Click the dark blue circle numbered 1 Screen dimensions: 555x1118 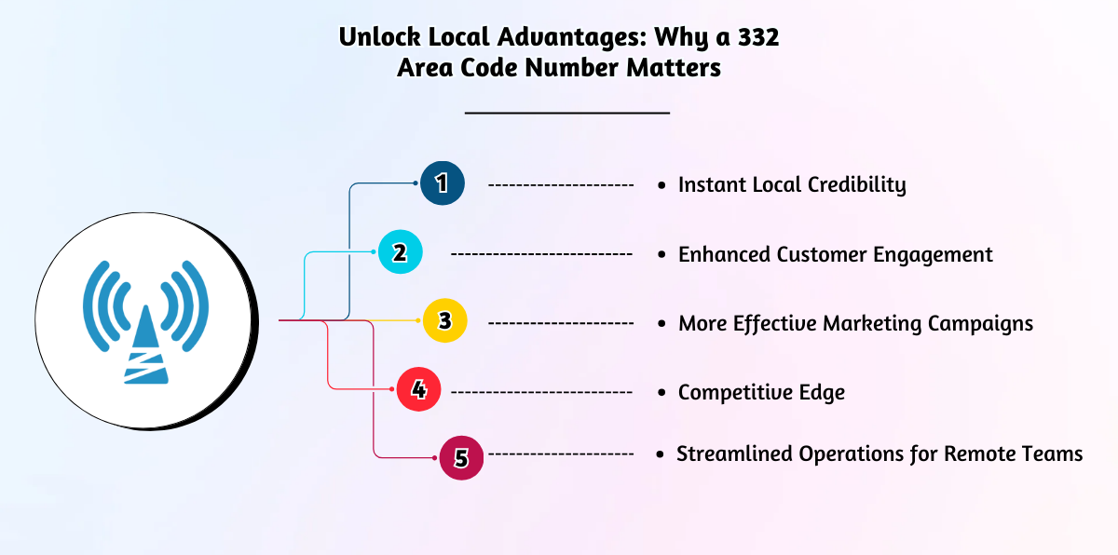pyautogui.click(x=442, y=183)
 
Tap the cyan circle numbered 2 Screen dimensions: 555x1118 pyautogui.click(x=400, y=252)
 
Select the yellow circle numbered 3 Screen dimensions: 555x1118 pyautogui.click(x=444, y=321)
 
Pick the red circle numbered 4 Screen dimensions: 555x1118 pyautogui.click(x=418, y=389)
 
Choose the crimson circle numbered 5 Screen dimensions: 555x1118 pyautogui.click(x=460, y=457)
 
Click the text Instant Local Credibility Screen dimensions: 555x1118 pyautogui.click(x=791, y=184)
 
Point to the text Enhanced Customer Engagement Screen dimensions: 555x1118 pyautogui.click(x=835, y=254)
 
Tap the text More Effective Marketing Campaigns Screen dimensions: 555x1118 pyautogui.click(x=855, y=323)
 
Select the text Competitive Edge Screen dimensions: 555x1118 pyautogui.click(x=761, y=392)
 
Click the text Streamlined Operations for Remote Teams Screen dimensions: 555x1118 pyautogui.click(x=879, y=453)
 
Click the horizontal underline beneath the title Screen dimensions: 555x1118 pyautogui.click(x=566, y=113)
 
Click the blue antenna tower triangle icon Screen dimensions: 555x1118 pyautogui.click(x=144, y=349)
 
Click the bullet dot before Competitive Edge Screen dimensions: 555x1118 pyautogui.click(x=661, y=393)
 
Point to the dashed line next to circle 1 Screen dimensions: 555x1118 pyautogui.click(x=561, y=184)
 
